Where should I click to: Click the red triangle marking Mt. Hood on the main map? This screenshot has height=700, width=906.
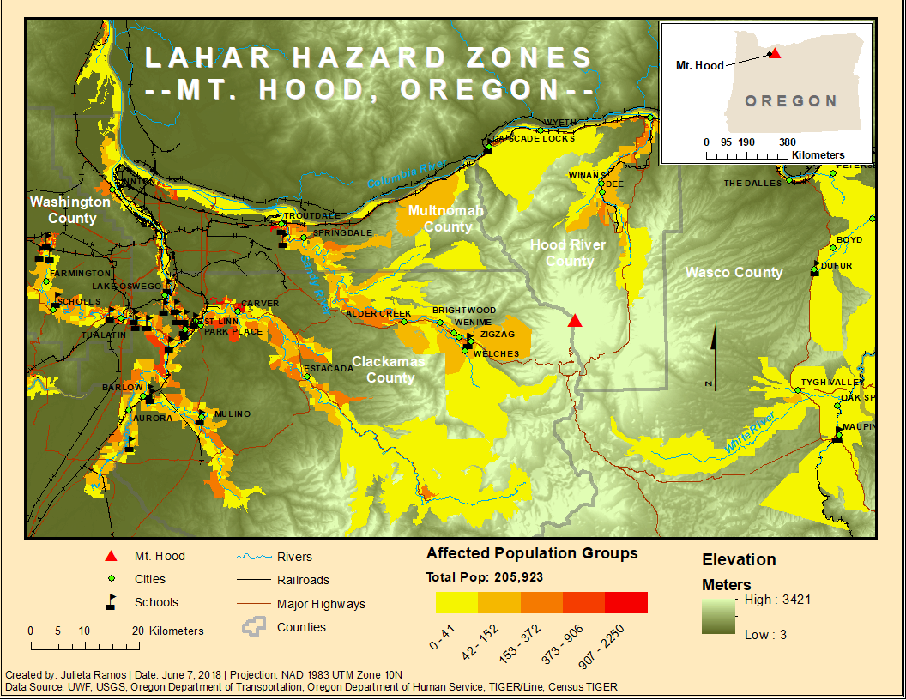tap(575, 321)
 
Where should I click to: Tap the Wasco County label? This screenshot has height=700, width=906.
tap(734, 272)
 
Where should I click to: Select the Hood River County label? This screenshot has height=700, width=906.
tap(568, 253)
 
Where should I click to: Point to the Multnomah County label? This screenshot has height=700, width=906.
tap(446, 219)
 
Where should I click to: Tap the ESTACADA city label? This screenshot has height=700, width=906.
tap(329, 368)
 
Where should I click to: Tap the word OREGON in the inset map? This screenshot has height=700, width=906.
tap(791, 101)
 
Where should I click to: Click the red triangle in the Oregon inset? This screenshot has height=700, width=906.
tap(774, 53)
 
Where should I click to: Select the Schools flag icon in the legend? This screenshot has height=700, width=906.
tap(112, 602)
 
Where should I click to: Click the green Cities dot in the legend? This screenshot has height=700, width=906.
tap(111, 579)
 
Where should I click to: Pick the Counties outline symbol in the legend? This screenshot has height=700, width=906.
tap(251, 627)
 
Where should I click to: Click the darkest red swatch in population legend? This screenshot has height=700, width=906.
tap(626, 602)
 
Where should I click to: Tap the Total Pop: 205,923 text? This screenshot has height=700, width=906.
tap(484, 577)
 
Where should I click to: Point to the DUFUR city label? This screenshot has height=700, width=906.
tap(836, 265)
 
